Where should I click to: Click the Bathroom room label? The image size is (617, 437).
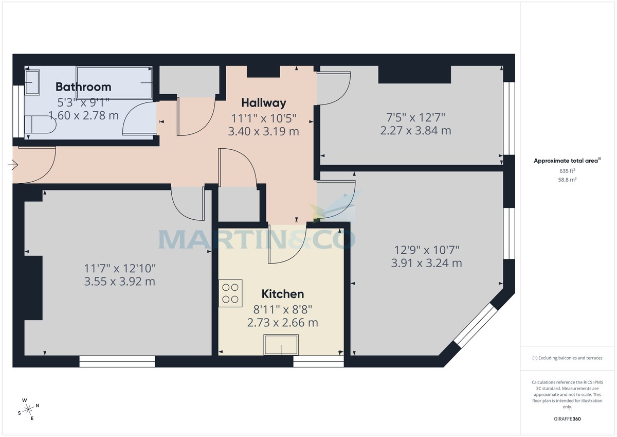pyautogui.click(x=83, y=86)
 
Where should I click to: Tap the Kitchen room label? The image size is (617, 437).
pyautogui.click(x=283, y=294)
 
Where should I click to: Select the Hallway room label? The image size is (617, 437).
pyautogui.click(x=263, y=102)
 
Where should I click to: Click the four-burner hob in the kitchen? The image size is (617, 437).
pyautogui.click(x=230, y=293)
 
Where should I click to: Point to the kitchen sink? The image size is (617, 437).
pyautogui.click(x=281, y=344)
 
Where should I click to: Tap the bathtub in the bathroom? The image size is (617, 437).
pyautogui.click(x=114, y=82)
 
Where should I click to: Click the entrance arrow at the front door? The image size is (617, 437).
pyautogui.click(x=13, y=165)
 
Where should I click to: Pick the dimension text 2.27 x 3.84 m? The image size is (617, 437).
pyautogui.click(x=415, y=131)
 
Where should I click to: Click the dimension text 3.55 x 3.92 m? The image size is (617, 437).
pyautogui.click(x=119, y=282)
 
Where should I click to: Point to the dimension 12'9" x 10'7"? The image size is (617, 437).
pyautogui.click(x=426, y=250)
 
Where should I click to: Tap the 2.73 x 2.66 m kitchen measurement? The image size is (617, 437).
pyautogui.click(x=282, y=323)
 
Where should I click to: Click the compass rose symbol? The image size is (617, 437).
pyautogui.click(x=28, y=409)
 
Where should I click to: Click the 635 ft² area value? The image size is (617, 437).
pyautogui.click(x=567, y=170)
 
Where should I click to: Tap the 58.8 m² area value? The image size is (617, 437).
pyautogui.click(x=567, y=180)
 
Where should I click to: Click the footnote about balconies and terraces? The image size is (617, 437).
pyautogui.click(x=567, y=358)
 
